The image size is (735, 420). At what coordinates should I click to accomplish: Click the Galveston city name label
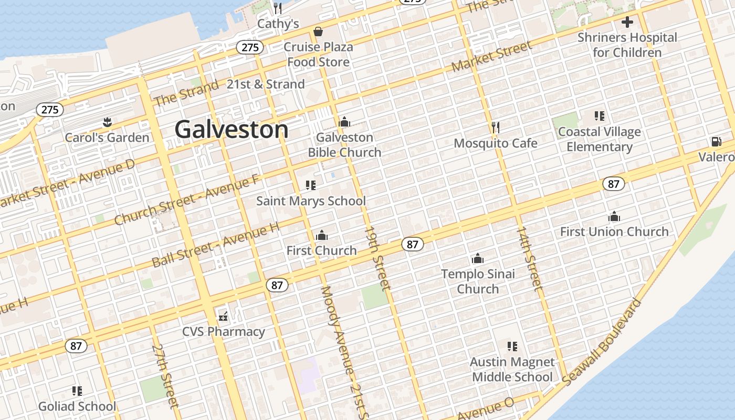pyautogui.click(x=232, y=129)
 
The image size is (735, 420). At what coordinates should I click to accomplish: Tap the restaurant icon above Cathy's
pyautogui.click(x=278, y=8)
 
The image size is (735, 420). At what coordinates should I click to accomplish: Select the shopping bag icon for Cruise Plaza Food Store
pyautogui.click(x=318, y=32)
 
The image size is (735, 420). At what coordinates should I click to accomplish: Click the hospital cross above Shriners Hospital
pyautogui.click(x=627, y=23)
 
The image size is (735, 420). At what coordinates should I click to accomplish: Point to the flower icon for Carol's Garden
pyautogui.click(x=107, y=123)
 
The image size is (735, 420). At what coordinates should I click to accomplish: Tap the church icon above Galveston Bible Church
pyautogui.click(x=344, y=122)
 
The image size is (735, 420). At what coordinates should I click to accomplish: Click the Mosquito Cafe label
pyautogui.click(x=495, y=143)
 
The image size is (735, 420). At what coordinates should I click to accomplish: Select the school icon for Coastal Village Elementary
pyautogui.click(x=599, y=116)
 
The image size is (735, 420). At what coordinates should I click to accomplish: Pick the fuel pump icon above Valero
pyautogui.click(x=716, y=142)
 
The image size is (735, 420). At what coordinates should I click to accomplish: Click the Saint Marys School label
pyautogui.click(x=311, y=201)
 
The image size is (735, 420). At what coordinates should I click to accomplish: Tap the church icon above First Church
pyautogui.click(x=322, y=235)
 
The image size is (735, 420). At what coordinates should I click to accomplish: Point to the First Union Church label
pyautogui.click(x=614, y=232)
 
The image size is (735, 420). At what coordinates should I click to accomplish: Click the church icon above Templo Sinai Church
pyautogui.click(x=478, y=258)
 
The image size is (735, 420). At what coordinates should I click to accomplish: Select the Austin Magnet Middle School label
pyautogui.click(x=512, y=370)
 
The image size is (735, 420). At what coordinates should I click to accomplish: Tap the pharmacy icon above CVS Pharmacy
pyautogui.click(x=224, y=316)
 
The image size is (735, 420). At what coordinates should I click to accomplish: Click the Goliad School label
pyautogui.click(x=77, y=406)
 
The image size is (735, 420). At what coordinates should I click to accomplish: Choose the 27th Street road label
pyautogui.click(x=165, y=376)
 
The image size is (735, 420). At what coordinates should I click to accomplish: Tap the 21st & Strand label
pyautogui.click(x=266, y=84)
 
